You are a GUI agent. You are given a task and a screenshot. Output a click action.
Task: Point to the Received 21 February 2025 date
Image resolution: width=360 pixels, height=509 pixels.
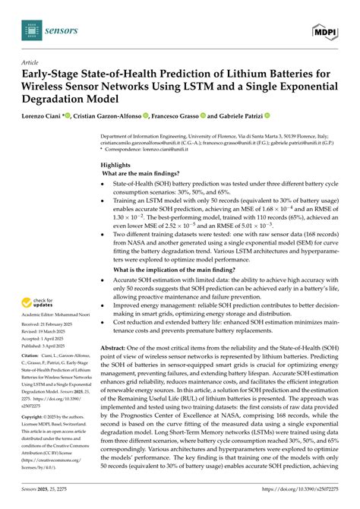click(58, 305)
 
